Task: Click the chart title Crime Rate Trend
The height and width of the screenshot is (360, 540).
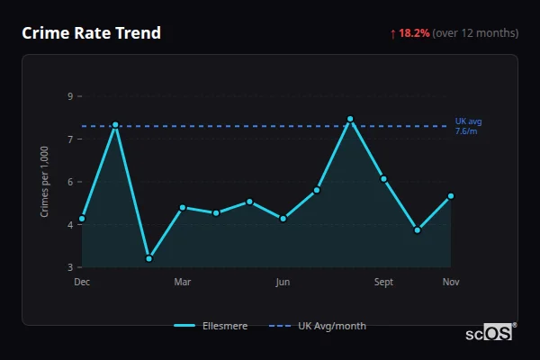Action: [x=91, y=33]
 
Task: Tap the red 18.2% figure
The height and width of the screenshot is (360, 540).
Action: [x=415, y=33]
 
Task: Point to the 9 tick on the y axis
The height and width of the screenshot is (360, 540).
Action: [x=70, y=95]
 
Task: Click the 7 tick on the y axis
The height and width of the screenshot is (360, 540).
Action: [x=70, y=139]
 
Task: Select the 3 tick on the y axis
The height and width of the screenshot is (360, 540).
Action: [x=70, y=267]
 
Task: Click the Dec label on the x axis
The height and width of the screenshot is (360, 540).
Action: [x=82, y=283]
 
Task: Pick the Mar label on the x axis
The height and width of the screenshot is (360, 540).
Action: [x=183, y=283]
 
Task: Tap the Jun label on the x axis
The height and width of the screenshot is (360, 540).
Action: [x=283, y=283]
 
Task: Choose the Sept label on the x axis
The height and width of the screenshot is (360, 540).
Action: [x=384, y=283]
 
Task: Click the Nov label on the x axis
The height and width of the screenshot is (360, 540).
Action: [x=451, y=283]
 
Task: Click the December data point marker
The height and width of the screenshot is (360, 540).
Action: [x=82, y=219]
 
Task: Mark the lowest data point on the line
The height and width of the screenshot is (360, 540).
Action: [x=148, y=258]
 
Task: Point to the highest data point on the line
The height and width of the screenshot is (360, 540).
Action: [x=350, y=119]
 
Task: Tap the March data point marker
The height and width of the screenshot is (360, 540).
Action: [x=183, y=208]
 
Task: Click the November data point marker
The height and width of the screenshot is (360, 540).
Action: [x=451, y=196]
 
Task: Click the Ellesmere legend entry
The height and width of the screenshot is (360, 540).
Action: [x=211, y=326]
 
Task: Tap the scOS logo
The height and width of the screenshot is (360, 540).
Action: [x=490, y=332]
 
